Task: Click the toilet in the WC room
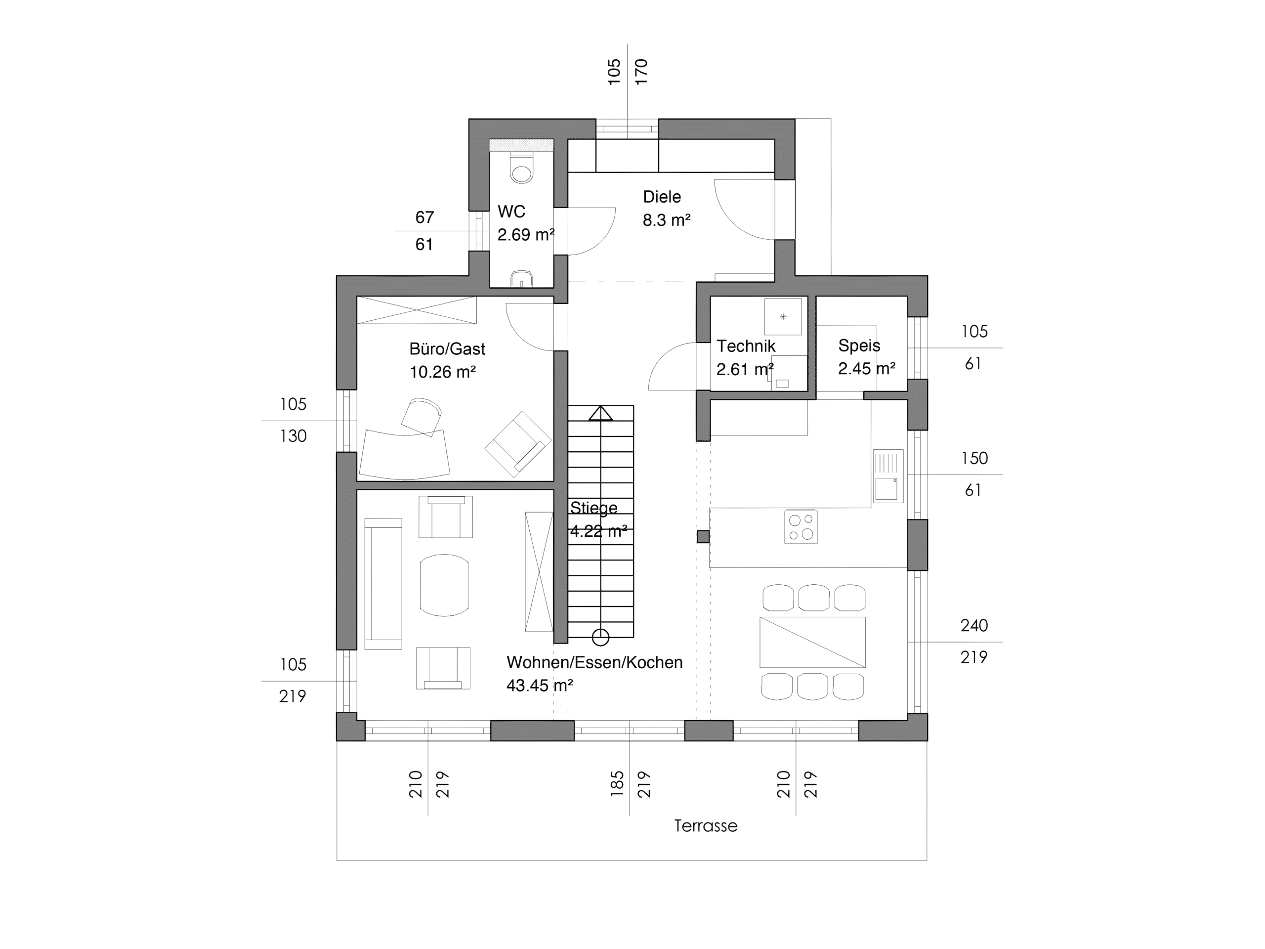point(521,167)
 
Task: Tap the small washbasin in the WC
point(521,279)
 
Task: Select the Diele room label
point(662,197)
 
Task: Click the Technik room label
point(746,346)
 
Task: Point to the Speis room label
point(859,345)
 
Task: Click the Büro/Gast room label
point(447,349)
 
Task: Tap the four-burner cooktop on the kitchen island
point(801,527)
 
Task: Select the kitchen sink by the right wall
point(888,476)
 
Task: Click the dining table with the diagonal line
point(812,642)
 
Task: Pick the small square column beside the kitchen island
point(703,537)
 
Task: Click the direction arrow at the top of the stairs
point(600,413)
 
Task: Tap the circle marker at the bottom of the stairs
point(600,636)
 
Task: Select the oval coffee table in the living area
point(444,585)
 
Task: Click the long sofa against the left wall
point(383,583)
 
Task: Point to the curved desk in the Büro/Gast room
point(404,455)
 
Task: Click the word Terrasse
point(706,825)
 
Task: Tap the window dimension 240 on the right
point(974,625)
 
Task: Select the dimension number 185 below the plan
point(617,784)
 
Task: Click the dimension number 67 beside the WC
point(424,217)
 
